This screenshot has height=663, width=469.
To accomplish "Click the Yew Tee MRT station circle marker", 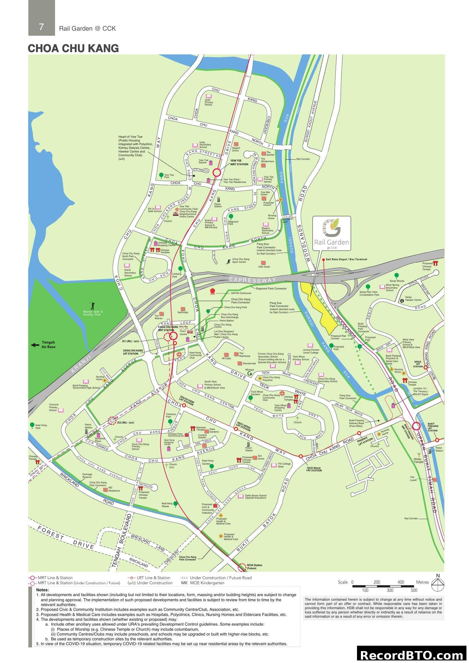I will pyautogui.click(x=217, y=173).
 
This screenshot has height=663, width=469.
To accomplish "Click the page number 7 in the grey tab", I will pyautogui.click(x=41, y=27).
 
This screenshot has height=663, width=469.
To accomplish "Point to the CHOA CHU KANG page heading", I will pyautogui.click(x=73, y=48).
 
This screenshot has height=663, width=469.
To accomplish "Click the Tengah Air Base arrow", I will pyautogui.click(x=35, y=345).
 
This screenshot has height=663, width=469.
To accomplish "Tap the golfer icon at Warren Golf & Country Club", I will pyautogui.click(x=92, y=306).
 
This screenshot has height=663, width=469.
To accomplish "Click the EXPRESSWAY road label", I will pyautogui.click(x=252, y=279).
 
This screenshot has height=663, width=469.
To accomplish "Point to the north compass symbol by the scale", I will pyautogui.click(x=438, y=585).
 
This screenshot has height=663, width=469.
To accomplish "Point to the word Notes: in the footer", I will pyautogui.click(x=43, y=590).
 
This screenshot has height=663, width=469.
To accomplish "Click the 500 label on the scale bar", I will pyautogui.click(x=414, y=590).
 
